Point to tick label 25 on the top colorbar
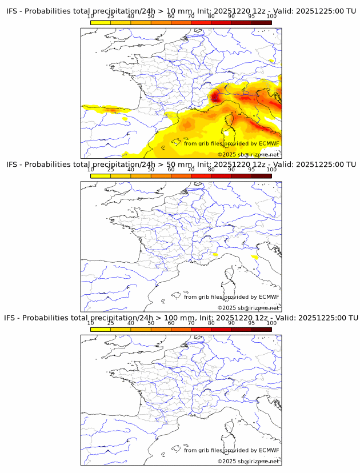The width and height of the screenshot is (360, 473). (110, 17)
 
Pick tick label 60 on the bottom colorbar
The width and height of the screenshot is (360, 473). (171, 323)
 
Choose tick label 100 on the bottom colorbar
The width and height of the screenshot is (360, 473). (271, 323)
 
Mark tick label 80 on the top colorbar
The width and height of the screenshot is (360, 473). (211, 17)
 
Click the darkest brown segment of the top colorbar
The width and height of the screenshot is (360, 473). (261, 22)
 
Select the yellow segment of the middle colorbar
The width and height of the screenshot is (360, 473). (100, 175)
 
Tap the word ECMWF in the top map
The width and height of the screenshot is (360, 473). (269, 143)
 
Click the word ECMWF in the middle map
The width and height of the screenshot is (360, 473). (269, 296)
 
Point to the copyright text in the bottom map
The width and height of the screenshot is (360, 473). (248, 461)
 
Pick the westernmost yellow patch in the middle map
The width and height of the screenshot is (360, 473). (214, 254)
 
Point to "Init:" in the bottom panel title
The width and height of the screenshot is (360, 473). (203, 318)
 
